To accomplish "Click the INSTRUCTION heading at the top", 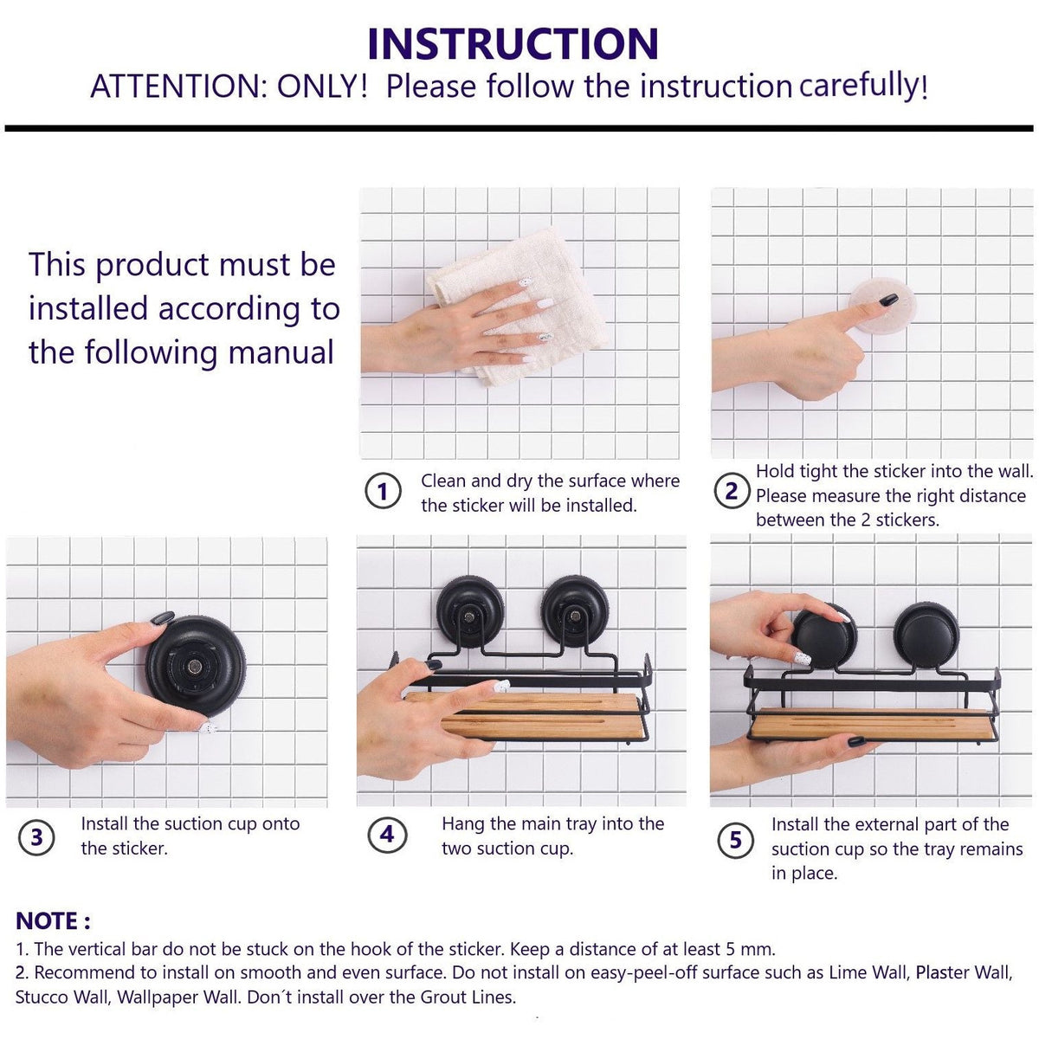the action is point(513,43).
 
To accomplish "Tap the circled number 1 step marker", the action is point(383,491).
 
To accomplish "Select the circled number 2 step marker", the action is point(732,491).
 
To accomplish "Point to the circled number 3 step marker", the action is point(36,837).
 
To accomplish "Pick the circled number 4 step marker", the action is point(387,835).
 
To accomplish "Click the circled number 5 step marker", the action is point(735,840).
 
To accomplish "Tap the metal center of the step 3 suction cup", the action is point(194,667).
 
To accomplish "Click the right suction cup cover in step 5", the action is point(926,636).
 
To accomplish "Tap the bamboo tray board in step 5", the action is point(874,723).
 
